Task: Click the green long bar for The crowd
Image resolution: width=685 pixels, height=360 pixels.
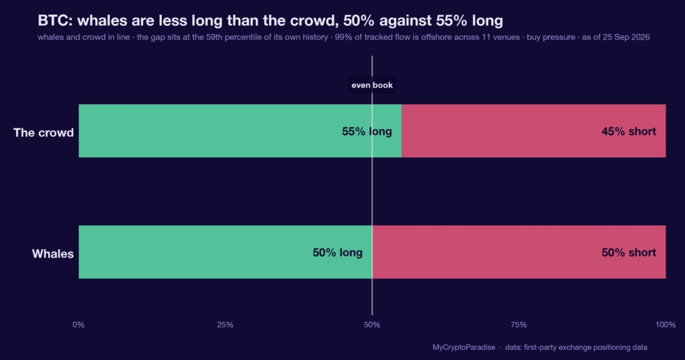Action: [x=240, y=130]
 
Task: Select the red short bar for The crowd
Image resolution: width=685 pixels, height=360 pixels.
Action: [x=533, y=130]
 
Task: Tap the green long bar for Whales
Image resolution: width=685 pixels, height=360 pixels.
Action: [x=225, y=252]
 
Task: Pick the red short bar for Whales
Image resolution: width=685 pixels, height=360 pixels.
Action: [x=519, y=252]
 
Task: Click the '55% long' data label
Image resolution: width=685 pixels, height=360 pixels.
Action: [x=367, y=132]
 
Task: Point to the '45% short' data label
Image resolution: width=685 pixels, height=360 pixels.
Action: [x=629, y=132]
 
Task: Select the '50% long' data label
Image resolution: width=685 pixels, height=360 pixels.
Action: [x=337, y=252]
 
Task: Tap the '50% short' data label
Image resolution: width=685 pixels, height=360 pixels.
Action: [x=629, y=252]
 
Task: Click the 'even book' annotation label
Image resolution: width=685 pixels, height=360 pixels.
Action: [x=372, y=85]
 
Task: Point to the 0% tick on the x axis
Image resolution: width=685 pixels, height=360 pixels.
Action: [x=79, y=325]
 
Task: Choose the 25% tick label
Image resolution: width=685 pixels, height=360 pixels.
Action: [x=225, y=325]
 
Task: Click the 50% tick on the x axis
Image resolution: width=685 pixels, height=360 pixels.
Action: [x=372, y=325]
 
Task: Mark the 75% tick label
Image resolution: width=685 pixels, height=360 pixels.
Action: [x=518, y=325]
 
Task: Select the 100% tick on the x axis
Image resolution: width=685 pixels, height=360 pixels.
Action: [x=666, y=325]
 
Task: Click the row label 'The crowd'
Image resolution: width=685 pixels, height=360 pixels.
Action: [x=43, y=132]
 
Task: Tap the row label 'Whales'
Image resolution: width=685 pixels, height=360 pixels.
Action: [x=53, y=254]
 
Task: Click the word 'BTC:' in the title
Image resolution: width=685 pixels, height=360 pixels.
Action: [x=55, y=21]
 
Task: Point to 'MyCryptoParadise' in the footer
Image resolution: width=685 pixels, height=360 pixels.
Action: [x=464, y=347]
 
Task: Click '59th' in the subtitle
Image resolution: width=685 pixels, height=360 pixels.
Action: [x=214, y=37]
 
